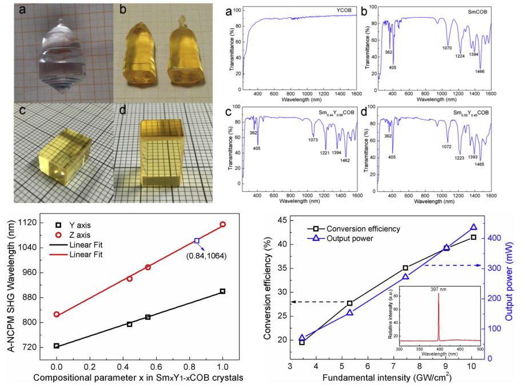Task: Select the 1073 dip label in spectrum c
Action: pos(314,140)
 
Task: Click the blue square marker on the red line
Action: pos(197,241)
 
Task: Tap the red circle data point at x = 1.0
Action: pos(222,224)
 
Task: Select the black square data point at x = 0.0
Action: pos(57,346)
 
